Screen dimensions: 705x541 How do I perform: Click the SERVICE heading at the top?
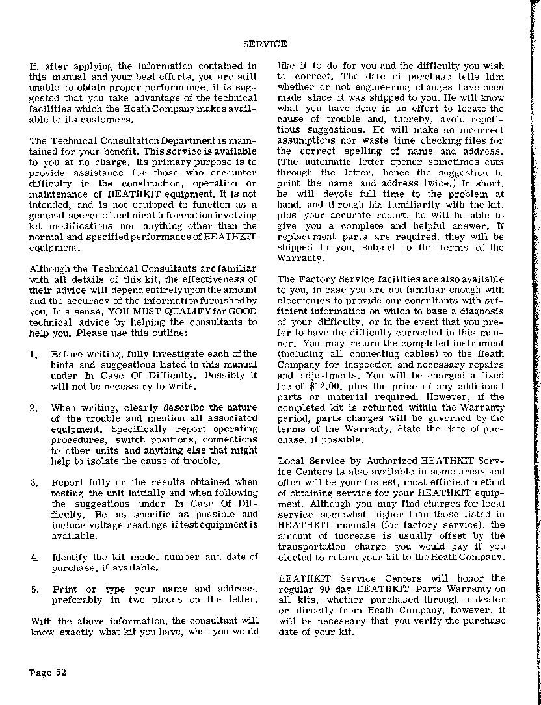(x=265, y=44)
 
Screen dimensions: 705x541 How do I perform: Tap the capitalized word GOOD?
(x=244, y=311)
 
